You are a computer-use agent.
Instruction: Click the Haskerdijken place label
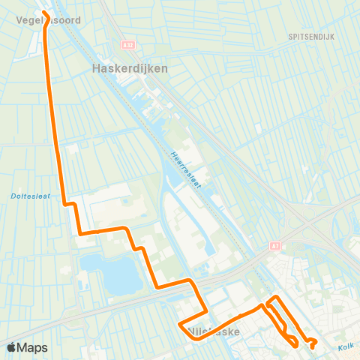click(129, 67)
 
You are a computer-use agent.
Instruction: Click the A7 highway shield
click(274, 246)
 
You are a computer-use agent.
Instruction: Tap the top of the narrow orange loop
click(275, 298)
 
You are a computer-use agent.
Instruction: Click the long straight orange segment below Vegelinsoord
click(52, 112)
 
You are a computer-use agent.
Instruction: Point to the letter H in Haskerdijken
click(95, 67)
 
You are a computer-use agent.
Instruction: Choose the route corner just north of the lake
click(80, 233)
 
